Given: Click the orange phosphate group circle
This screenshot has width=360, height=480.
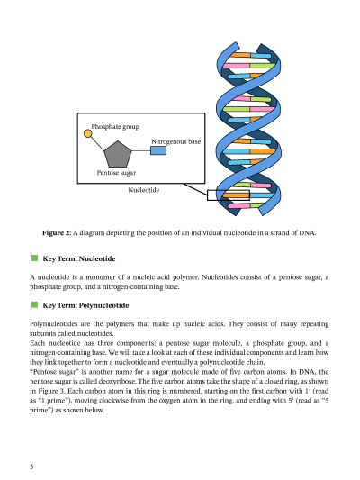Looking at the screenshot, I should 88,133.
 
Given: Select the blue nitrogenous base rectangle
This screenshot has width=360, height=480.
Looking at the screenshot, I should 157,150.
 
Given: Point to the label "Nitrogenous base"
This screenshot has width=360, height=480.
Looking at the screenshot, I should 175,141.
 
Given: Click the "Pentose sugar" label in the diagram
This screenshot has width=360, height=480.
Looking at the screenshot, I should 115,171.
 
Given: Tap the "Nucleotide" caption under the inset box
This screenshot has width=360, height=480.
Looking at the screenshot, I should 144,190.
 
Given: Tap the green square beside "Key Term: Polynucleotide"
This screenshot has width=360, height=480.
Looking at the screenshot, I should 34,305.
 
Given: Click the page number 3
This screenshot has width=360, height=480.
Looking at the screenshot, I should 31,466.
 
